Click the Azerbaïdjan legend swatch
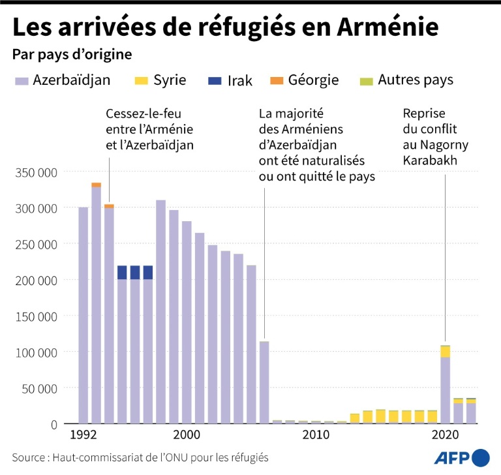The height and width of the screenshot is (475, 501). click(x=22, y=81)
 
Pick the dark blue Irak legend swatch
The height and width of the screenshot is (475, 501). click(x=215, y=81)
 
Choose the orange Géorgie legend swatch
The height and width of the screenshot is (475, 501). click(x=276, y=81)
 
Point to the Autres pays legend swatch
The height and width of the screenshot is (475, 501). click(x=367, y=81)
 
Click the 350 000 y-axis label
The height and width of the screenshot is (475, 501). click(x=36, y=172)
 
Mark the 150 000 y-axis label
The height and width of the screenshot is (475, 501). click(x=36, y=316)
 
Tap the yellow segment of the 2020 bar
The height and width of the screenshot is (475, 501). click(x=446, y=352)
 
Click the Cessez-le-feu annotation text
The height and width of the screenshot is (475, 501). click(x=149, y=129)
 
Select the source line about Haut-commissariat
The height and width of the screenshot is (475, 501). click(x=140, y=457)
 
